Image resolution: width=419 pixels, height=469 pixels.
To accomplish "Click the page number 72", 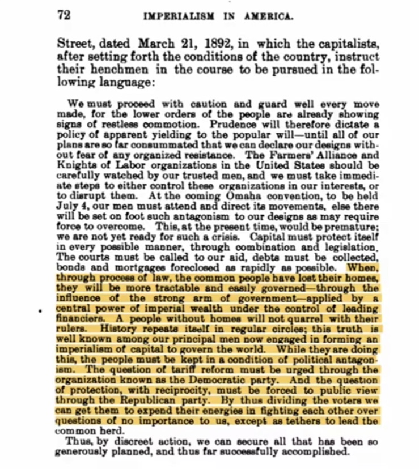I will pos(63,15).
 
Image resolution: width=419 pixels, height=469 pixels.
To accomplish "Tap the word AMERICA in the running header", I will pos(268,16).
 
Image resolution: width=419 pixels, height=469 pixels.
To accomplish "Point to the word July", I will pos(67,201).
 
